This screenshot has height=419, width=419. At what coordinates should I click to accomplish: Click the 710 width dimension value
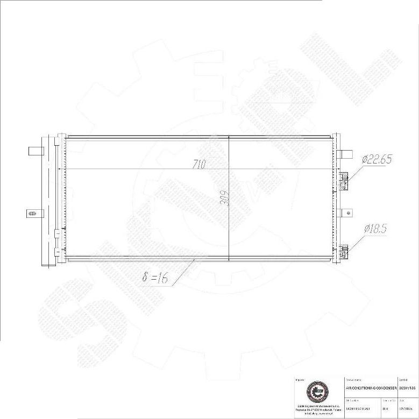click(200, 165)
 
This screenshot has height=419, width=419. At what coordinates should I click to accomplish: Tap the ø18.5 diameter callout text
click(375, 229)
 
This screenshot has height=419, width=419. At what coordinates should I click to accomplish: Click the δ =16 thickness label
click(155, 278)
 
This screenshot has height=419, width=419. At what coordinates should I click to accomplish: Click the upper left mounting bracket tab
click(35, 151)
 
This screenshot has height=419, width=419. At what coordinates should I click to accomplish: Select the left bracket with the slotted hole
click(32, 214)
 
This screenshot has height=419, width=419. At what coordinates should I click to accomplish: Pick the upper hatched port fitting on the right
click(344, 181)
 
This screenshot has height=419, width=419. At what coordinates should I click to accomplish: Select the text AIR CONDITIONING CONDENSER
click(371, 388)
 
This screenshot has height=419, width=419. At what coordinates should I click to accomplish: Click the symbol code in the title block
click(408, 388)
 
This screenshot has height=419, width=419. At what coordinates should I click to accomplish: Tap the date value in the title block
click(406, 409)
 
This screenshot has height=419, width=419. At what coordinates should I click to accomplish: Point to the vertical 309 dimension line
click(229, 226)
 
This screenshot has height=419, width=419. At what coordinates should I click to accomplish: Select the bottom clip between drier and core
click(56, 251)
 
